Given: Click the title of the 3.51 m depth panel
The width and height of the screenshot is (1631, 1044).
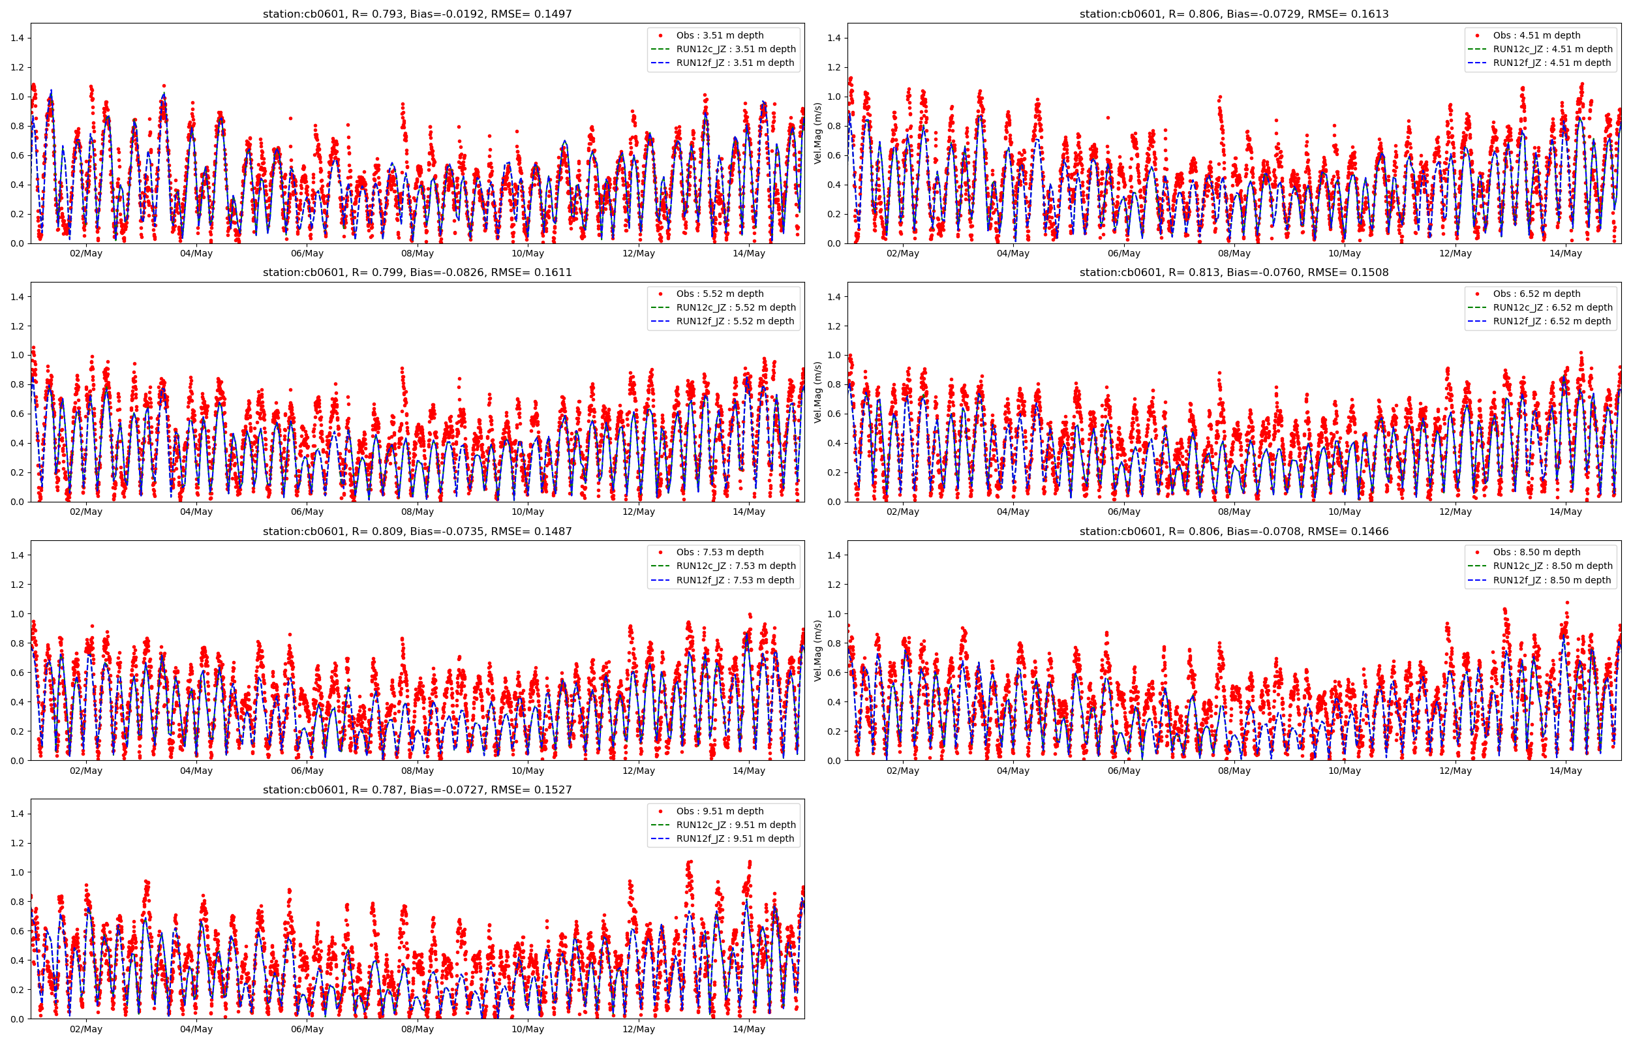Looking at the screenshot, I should [418, 14].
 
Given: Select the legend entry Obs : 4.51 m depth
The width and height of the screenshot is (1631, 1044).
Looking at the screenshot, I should [1536, 35].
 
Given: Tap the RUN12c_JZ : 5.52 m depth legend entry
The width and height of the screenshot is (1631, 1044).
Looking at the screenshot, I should [736, 308].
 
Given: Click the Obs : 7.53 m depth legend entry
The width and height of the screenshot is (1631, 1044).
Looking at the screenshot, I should [720, 553].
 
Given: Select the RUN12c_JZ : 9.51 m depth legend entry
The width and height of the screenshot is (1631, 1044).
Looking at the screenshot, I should [736, 825].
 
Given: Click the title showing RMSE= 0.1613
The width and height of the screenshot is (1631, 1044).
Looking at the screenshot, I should [1234, 14].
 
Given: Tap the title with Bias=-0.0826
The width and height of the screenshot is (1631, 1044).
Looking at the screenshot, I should [418, 273].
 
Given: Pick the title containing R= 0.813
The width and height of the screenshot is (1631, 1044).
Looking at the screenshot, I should [1234, 273].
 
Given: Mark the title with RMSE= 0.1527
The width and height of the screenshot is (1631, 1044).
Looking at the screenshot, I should [418, 790].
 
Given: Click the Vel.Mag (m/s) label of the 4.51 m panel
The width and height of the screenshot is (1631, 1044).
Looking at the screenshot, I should [818, 133].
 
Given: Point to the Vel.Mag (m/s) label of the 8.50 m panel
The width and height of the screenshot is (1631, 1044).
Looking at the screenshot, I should [818, 650].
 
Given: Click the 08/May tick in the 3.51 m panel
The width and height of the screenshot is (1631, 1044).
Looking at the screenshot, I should [418, 254].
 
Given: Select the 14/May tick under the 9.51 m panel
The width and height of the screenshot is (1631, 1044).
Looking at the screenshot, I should [749, 1029].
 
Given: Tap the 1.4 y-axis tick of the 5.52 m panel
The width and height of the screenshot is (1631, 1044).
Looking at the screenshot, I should [18, 297].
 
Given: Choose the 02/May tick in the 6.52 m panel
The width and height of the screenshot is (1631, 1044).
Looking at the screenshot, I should [902, 512].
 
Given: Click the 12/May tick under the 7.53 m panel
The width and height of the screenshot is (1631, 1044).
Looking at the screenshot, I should [638, 771].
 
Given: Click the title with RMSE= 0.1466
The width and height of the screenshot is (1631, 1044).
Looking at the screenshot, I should [1234, 532].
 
